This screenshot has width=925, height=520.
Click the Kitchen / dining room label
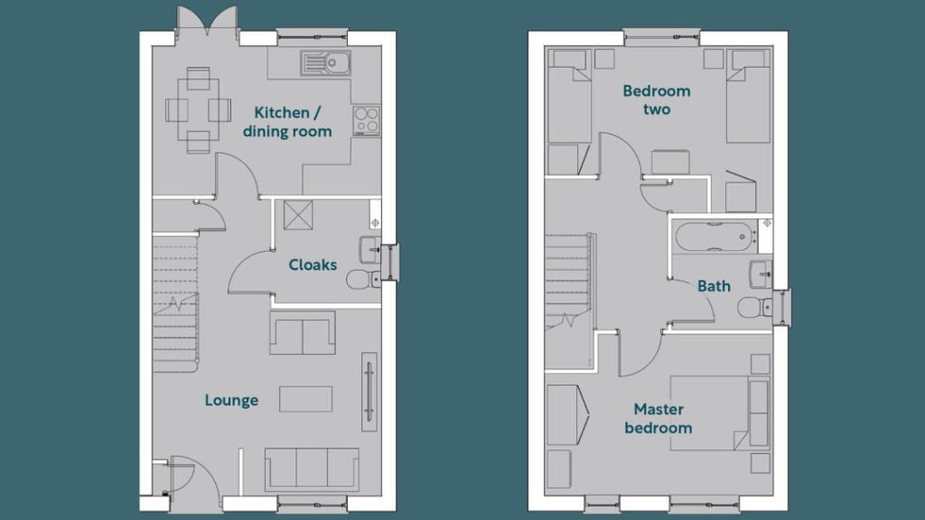coord(286,122)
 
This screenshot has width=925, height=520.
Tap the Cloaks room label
coord(313,265)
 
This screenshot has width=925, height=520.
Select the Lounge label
coord(231,400)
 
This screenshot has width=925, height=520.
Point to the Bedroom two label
coord(657,100)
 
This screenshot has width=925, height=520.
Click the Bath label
coord(714,286)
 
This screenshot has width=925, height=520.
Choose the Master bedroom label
coord(658,419)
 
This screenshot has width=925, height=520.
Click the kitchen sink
coord(326,63)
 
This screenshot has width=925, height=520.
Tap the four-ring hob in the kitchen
coord(366,120)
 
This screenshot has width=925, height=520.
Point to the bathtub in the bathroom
coord(714,237)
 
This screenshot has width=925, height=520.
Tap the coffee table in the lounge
coord(305,398)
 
